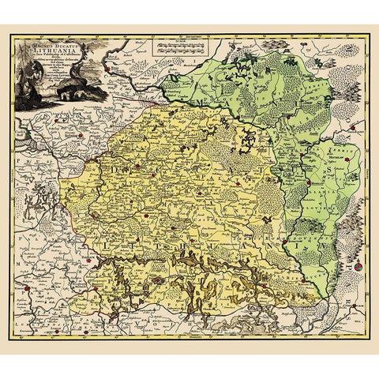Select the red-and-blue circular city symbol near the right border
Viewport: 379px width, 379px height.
click(358, 268)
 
